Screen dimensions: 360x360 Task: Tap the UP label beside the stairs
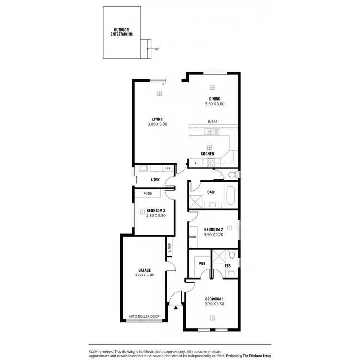(x=157, y=48)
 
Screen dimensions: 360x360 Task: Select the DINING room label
(x=214, y=99)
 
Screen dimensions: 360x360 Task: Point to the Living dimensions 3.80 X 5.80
(x=157, y=124)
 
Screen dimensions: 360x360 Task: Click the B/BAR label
(x=212, y=122)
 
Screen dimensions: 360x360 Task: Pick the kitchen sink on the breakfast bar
(x=209, y=131)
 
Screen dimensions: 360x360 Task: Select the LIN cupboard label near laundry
(x=167, y=168)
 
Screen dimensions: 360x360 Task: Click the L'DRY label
(x=155, y=180)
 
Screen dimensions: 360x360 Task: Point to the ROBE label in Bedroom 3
(x=148, y=193)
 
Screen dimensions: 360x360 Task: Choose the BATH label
(x=211, y=192)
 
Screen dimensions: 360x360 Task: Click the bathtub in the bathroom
(x=230, y=196)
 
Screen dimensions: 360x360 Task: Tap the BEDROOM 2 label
(x=214, y=229)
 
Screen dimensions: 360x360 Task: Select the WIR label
(x=201, y=263)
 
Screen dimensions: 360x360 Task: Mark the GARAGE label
(x=145, y=270)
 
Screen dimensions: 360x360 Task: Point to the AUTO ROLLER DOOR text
(x=144, y=317)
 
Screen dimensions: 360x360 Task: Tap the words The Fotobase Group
(x=255, y=356)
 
